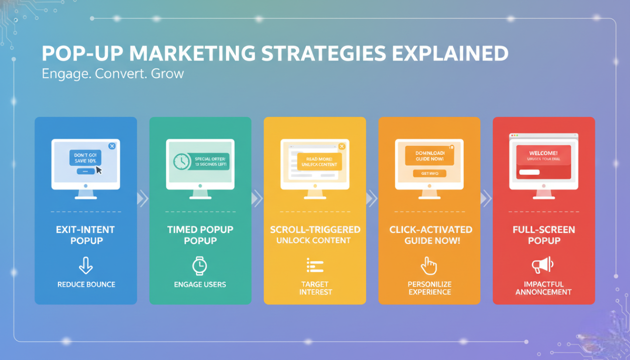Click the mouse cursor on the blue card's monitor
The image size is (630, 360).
pos(99,170)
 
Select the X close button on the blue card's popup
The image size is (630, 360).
pos(112,146)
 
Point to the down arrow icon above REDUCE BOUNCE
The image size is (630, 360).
pos(86,266)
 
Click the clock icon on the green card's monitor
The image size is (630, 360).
pos(181,162)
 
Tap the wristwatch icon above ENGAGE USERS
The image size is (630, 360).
pos(200,266)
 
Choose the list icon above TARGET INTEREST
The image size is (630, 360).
pos(315,265)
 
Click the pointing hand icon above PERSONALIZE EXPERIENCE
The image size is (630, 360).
pos(429,266)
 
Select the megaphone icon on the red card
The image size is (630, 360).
pos(543,266)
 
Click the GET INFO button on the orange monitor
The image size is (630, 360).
pos(429,173)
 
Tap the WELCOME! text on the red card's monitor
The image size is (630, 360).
pos(543,153)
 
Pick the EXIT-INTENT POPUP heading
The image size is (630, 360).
pos(86,235)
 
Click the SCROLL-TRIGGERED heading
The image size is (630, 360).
pos(315,230)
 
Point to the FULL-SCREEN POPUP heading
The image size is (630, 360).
pos(544,235)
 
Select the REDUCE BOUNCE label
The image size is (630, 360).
pos(86,284)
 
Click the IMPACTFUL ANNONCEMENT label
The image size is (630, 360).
pos(544,288)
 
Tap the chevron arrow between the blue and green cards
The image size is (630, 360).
pos(143,198)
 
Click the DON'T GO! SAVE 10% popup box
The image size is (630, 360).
pos(85,158)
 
